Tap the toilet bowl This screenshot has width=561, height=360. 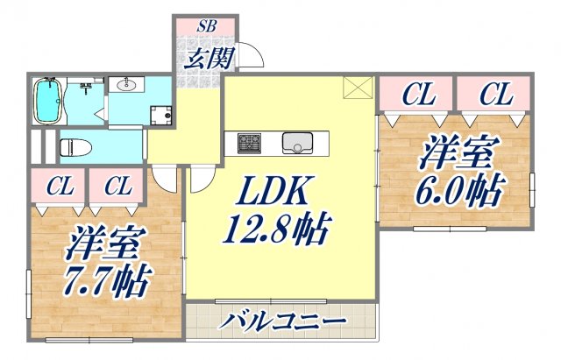tap(73, 145)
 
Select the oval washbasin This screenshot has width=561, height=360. tap(125, 84)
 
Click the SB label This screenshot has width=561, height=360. tap(206, 25)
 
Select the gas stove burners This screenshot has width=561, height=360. tap(248, 142)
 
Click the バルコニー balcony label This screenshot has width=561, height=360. tap(280, 321)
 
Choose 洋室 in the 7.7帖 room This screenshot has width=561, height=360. tap(97, 243)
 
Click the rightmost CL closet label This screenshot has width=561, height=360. tap(495, 94)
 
